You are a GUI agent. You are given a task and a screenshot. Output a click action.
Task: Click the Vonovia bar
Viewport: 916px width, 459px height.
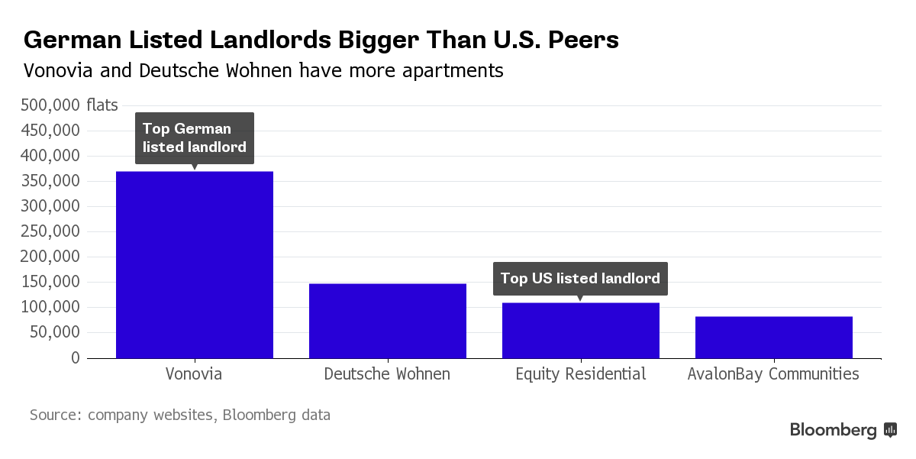coord(195,264)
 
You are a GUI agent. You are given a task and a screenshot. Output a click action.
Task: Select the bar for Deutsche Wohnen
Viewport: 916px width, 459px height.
coord(388,321)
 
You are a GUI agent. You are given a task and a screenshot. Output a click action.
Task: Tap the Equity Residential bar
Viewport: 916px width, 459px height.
coord(581,330)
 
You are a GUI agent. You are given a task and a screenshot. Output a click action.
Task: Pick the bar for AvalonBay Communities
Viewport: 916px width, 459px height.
coord(774,337)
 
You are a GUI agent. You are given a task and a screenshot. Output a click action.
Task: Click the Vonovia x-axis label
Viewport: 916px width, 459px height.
coord(195,374)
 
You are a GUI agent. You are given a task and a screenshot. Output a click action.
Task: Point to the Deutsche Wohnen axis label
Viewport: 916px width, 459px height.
coord(387,374)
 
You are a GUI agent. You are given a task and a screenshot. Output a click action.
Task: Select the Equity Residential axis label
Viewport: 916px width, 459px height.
coord(581,374)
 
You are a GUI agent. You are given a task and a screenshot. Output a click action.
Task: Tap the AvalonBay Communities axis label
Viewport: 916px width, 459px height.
coord(773,374)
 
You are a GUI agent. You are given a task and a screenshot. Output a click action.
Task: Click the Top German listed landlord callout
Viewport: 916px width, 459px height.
coord(195,138)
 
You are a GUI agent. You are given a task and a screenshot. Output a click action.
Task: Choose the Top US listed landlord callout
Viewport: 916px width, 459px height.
coord(580,279)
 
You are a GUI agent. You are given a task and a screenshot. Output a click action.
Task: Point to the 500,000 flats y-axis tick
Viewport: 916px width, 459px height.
coord(69,105)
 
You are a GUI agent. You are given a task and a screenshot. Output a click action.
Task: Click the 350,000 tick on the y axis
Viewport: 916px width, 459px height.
coord(50,181)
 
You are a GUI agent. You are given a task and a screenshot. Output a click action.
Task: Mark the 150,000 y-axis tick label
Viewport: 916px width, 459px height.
coord(50,282)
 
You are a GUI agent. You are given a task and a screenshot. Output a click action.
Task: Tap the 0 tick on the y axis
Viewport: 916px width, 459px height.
coord(75,357)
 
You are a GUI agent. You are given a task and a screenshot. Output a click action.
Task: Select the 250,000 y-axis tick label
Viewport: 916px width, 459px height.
coord(50,231)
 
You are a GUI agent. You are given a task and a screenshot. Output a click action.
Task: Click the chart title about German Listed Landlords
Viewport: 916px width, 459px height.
coord(321,40)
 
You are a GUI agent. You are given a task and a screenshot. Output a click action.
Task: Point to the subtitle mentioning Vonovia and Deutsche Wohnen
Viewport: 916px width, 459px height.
coord(263,71)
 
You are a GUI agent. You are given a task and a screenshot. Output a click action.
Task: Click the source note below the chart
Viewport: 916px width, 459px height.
coord(180,415)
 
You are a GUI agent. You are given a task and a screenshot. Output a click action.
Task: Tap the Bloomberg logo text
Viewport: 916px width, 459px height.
coord(833,430)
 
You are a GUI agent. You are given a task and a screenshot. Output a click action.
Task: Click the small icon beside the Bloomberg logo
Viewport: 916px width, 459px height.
coord(890,430)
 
